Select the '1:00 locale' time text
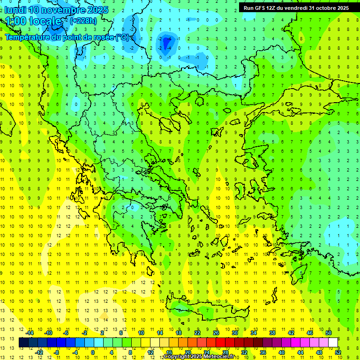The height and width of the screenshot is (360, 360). point(34,21)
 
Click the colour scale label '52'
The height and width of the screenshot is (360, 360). point(338,352)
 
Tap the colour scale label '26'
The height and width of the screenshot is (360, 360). point(216,333)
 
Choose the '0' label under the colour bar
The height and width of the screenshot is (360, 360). point(92,352)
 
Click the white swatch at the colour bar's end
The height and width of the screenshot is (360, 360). point(333,343)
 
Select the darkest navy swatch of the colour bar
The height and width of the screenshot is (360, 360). point(23,343)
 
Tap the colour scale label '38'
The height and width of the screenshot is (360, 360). point(272,333)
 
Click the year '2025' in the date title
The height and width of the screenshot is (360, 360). point(98,10)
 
